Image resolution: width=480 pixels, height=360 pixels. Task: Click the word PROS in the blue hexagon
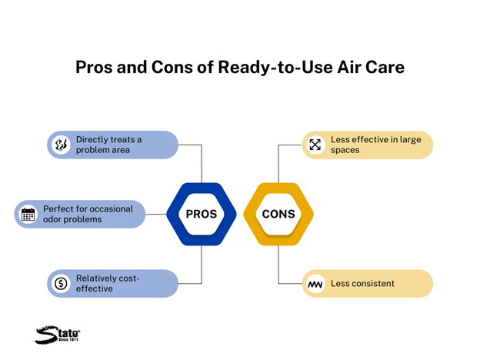coord(202,214)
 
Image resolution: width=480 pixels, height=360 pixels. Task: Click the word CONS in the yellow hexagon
coord(278,214)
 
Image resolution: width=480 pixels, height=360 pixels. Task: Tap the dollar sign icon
coord(61,284)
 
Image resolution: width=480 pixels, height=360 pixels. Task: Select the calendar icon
coord(28,215)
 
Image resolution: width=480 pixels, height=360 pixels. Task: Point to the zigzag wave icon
coord(315,285)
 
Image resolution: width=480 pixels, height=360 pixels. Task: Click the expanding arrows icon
coord(315,145)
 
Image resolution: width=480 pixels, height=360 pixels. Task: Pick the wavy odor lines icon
coord(61,145)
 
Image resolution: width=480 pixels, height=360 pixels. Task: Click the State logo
coord(57,335)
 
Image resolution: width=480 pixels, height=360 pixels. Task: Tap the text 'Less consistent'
coord(362,284)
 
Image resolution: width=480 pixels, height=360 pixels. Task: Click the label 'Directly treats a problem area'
coord(108,145)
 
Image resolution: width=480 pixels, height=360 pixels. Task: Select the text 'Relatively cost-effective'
coord(108,284)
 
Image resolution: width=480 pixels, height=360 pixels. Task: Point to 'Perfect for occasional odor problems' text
coord(88,214)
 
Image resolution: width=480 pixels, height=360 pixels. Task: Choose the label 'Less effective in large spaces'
coord(376,145)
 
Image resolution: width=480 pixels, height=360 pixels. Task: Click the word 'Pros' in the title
coord(94,68)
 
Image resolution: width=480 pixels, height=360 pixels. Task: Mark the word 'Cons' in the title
coord(172,68)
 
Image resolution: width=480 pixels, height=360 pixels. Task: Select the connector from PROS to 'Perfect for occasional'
coord(156,214)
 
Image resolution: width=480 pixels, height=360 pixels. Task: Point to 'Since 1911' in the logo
coord(68,339)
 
